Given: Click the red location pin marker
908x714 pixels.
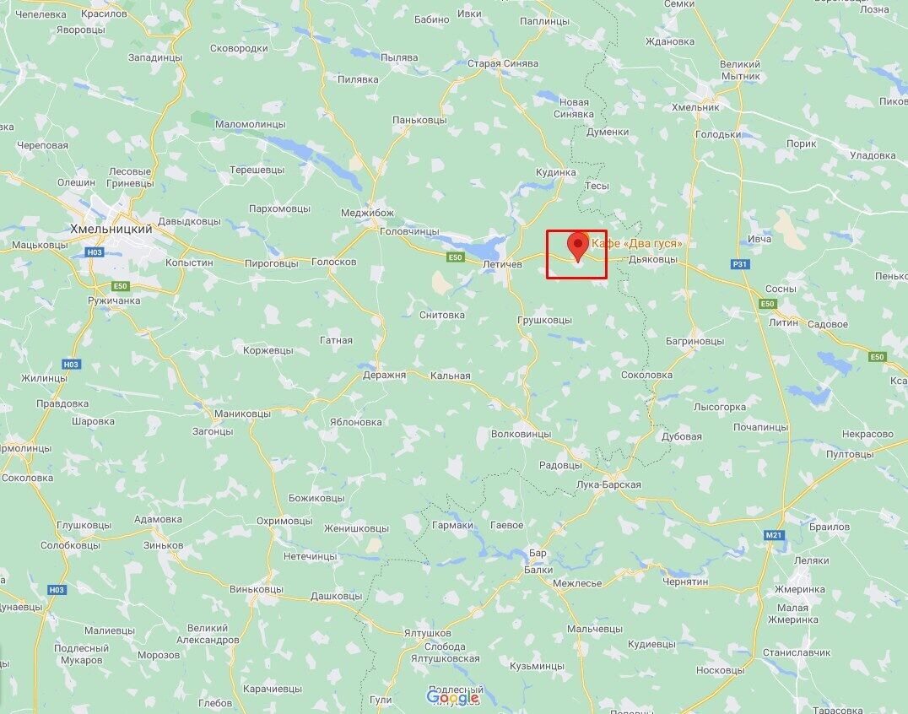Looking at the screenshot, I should (578, 246).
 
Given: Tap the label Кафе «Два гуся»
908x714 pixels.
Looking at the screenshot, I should (637, 244).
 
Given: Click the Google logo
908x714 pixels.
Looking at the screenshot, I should (452, 697).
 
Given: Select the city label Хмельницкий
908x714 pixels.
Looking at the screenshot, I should (111, 229).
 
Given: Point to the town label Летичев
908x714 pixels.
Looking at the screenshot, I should (504, 264).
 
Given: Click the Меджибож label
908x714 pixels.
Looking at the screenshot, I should (367, 213).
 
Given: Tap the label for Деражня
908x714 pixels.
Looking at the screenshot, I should (385, 375).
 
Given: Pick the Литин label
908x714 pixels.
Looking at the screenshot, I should (783, 322).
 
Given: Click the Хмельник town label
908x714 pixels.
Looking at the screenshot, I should (695, 107).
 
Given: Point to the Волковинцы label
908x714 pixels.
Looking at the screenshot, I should (521, 434).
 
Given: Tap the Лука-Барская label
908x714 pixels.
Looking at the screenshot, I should (607, 484).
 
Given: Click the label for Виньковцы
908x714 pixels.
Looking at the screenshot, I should (256, 588).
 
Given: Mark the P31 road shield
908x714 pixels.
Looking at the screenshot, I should (740, 264).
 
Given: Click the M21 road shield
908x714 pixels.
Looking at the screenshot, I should (774, 535).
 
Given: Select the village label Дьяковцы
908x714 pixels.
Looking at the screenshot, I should (653, 259).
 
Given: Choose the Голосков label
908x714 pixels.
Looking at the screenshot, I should (334, 262).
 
